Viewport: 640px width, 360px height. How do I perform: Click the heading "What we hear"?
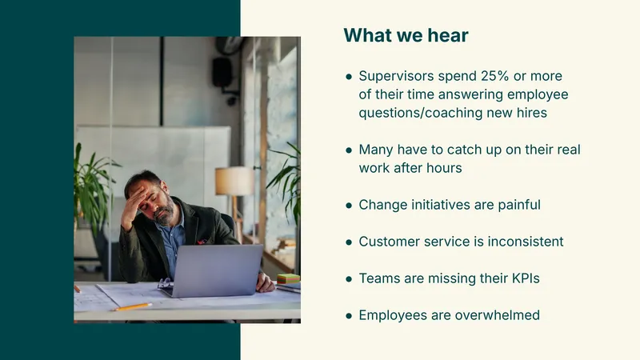(x=406, y=35)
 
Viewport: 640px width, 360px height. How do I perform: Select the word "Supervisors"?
(x=396, y=76)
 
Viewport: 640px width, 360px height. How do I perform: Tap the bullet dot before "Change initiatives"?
(x=349, y=206)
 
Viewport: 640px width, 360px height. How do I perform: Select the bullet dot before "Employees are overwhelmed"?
(x=349, y=315)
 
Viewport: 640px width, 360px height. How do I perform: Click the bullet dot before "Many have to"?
(x=349, y=150)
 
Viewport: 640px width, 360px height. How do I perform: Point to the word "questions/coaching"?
(x=421, y=113)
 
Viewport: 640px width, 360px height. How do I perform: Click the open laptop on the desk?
(x=215, y=270)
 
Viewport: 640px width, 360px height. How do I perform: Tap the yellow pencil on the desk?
(x=133, y=306)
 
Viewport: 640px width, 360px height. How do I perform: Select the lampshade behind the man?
(x=234, y=182)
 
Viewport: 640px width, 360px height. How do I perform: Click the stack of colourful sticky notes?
(x=288, y=279)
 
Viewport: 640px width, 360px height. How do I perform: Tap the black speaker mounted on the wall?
(x=222, y=72)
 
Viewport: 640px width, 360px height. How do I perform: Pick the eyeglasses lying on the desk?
(x=165, y=282)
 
